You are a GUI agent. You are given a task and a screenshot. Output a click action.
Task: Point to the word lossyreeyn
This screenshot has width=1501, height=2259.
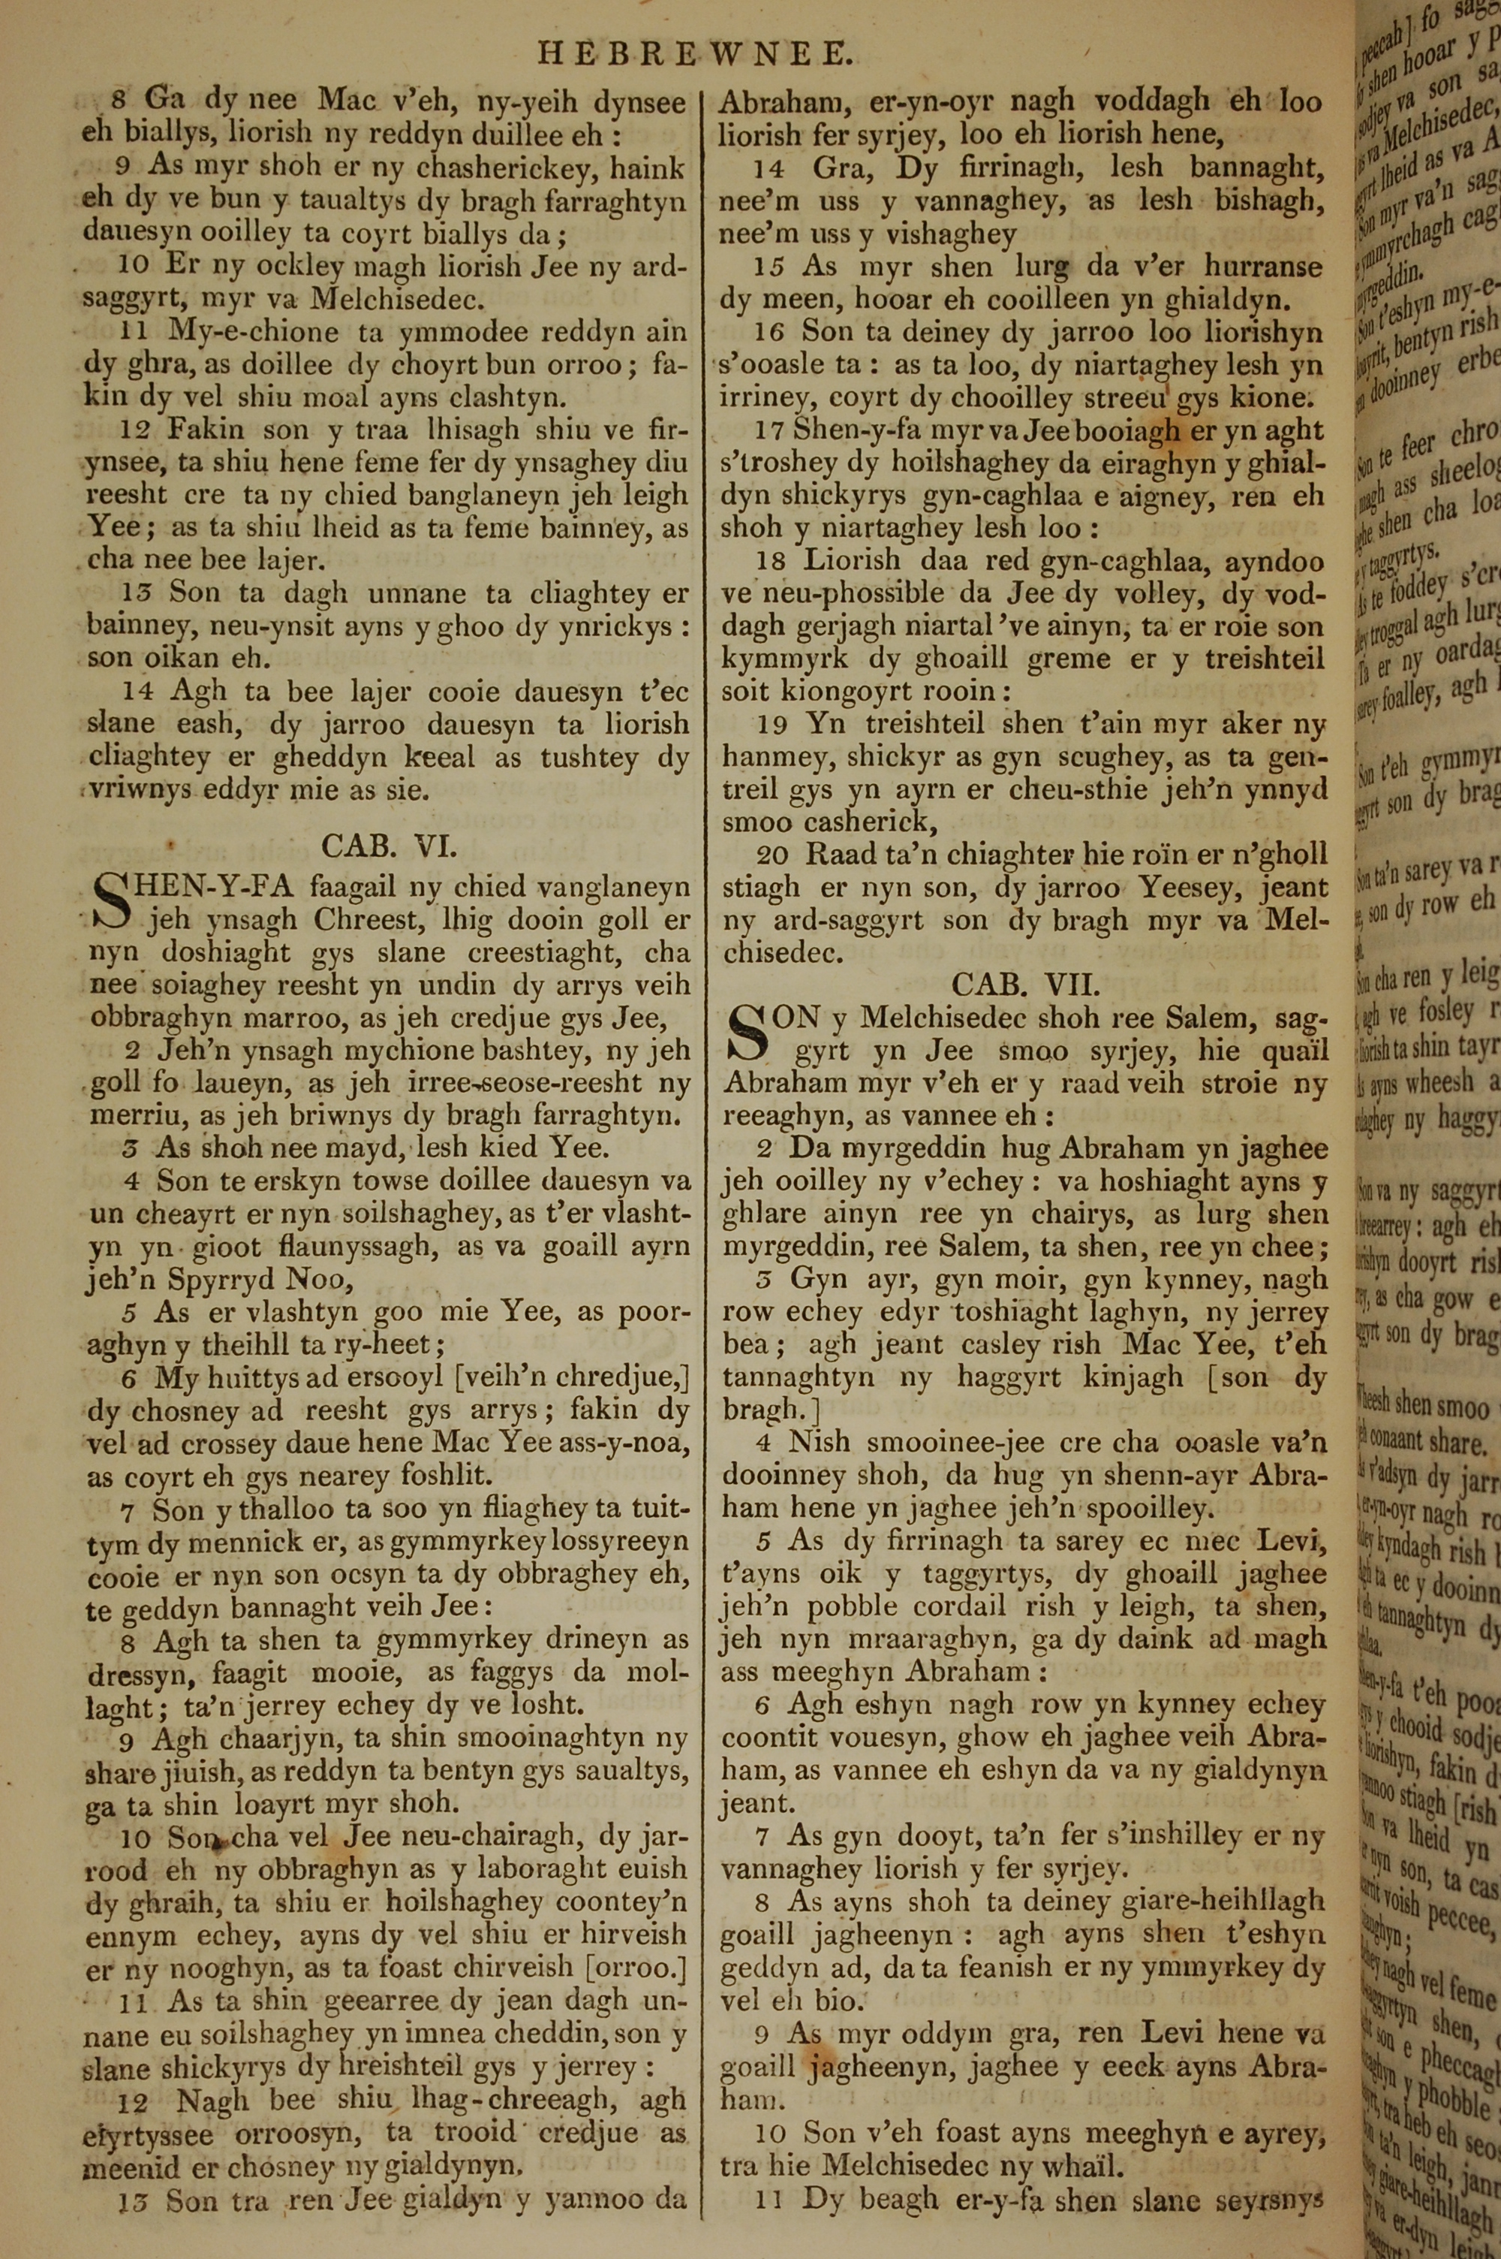tap(621, 1542)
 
